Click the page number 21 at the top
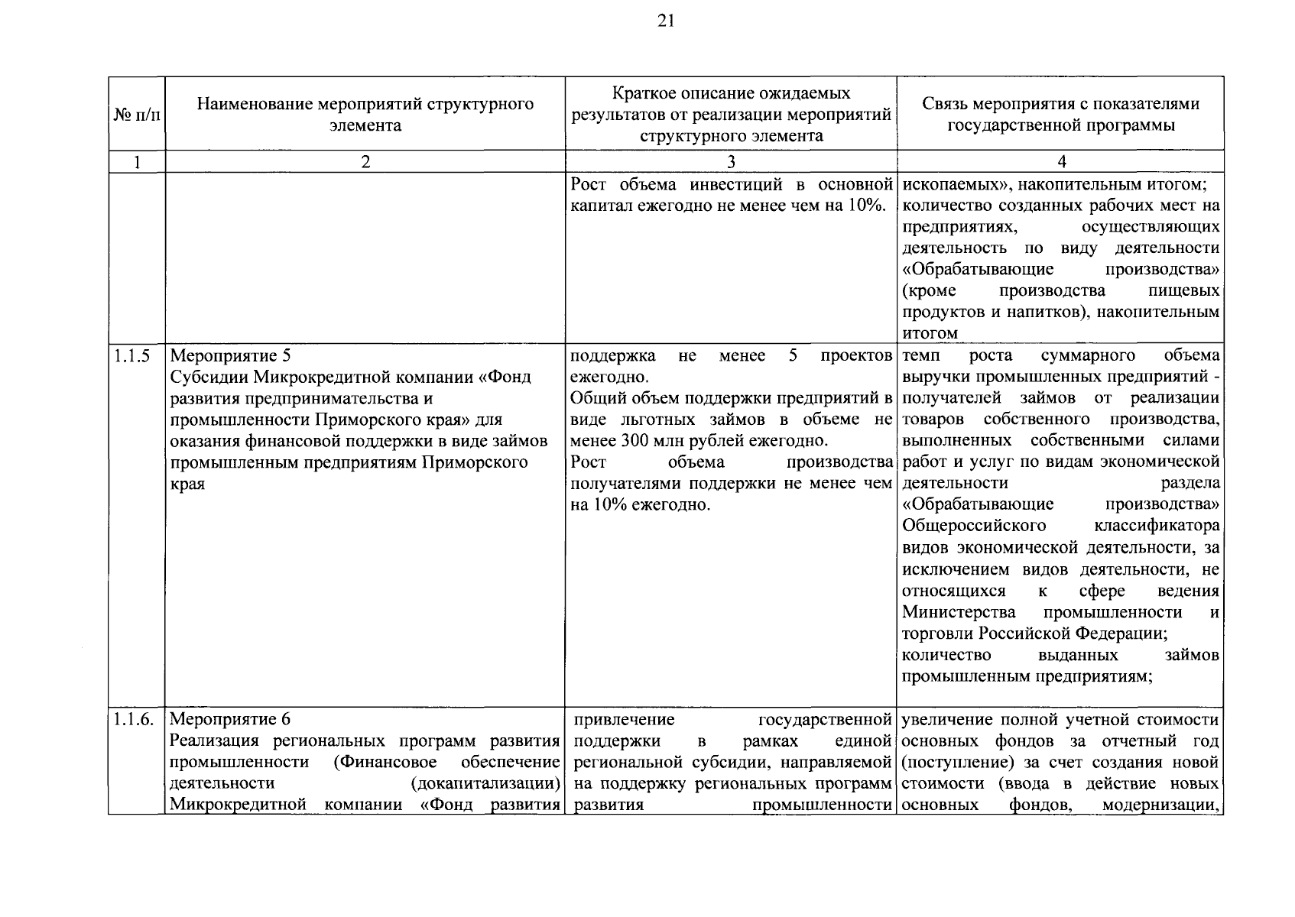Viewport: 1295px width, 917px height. click(x=665, y=22)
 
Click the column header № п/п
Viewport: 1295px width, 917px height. click(x=137, y=115)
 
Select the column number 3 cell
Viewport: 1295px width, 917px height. click(x=731, y=161)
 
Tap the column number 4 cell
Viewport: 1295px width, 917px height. click(x=1060, y=161)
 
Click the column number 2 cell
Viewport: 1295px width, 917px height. click(x=365, y=161)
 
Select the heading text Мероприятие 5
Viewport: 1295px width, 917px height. click(x=230, y=356)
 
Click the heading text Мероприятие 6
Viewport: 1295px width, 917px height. click(x=230, y=720)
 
